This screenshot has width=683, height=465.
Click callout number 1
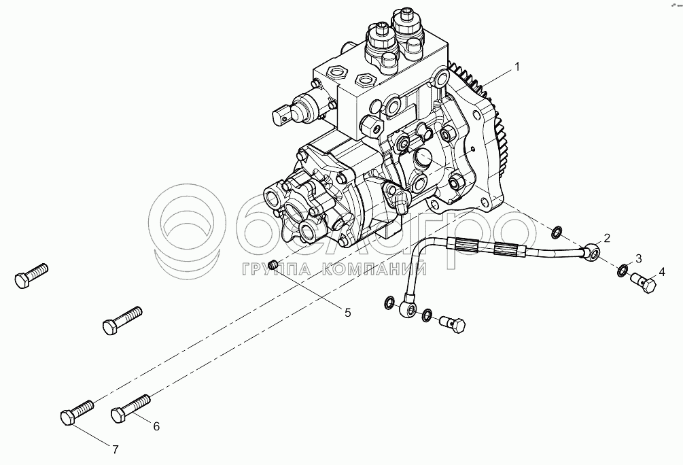(517, 67)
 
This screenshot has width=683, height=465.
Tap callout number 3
(639, 258)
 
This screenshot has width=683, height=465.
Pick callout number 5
(347, 313)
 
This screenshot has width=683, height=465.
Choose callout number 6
(156, 426)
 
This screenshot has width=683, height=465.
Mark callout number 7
(115, 449)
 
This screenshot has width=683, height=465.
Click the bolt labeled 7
(77, 413)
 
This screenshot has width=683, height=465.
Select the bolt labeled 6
(129, 407)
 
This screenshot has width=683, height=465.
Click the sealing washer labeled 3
(623, 272)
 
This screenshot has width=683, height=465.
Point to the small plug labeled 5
(275, 264)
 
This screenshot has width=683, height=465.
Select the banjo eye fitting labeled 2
(593, 252)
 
